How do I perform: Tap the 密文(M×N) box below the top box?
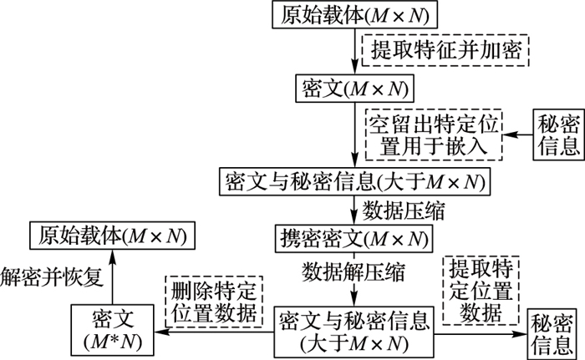pos(356,86)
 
